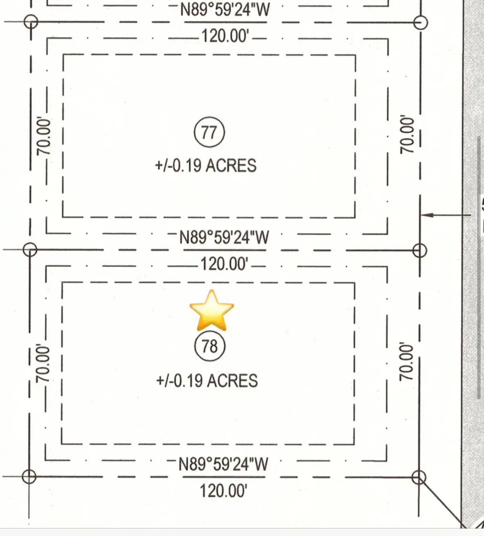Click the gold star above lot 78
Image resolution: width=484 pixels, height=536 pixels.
pos(211,310)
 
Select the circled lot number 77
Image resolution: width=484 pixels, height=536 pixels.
pos(209,132)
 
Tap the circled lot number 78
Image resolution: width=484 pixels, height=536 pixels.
pos(209,346)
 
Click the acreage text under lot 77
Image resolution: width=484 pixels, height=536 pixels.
pos(206,166)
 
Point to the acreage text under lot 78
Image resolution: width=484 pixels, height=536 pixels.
pos(207,381)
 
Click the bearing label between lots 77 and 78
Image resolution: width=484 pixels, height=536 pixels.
pos(224,237)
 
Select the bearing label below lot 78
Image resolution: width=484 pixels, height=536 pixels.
pos(223,464)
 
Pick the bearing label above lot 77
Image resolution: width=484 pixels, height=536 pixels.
pos(225,9)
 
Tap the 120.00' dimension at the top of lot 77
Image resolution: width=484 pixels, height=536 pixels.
pos(225,36)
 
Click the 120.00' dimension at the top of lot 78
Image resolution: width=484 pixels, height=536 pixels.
pos(224,264)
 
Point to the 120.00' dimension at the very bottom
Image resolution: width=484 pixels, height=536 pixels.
pos(223,491)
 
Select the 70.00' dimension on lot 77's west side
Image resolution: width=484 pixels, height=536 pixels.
pos(44,136)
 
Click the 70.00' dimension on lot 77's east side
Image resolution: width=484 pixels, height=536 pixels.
pos(407,134)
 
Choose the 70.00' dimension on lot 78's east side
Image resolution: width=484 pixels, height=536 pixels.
pos(406,361)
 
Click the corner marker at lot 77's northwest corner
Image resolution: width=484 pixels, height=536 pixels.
pos(31,21)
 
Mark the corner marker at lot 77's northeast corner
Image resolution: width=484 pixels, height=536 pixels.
pos(421,22)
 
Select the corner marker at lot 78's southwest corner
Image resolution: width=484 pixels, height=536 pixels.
pos(29,477)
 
